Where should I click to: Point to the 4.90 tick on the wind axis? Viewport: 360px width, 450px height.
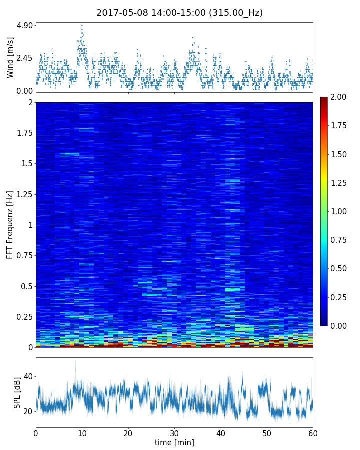click(x=24, y=25)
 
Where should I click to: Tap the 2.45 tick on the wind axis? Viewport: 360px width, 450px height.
click(x=24, y=58)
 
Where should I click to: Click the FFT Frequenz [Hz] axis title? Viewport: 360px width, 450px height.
click(x=10, y=225)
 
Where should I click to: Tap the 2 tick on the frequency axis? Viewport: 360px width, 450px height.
click(x=30, y=102)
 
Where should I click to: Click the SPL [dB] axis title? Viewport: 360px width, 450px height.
click(x=17, y=392)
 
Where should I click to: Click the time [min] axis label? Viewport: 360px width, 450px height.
click(x=174, y=442)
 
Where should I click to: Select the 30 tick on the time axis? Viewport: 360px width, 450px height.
click(x=174, y=432)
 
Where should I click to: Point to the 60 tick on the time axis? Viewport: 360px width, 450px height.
click(x=313, y=432)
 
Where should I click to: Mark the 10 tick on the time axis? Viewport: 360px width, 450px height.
click(x=82, y=432)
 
